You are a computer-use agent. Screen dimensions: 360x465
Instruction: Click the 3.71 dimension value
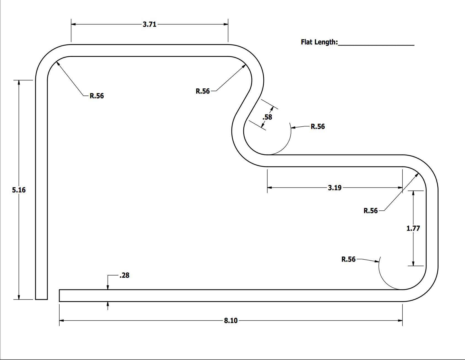(x=149, y=24)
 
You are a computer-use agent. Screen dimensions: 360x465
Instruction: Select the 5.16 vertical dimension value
(x=19, y=190)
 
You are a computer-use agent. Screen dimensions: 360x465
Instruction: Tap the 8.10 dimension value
(x=231, y=321)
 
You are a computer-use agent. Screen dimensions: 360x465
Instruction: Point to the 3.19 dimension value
(x=335, y=188)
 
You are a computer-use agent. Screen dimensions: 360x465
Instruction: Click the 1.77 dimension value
(x=413, y=228)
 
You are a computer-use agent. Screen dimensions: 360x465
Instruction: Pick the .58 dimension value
(x=267, y=117)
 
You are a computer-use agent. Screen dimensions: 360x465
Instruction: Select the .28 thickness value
(x=124, y=275)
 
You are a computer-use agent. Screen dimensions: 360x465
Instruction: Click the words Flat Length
(x=319, y=42)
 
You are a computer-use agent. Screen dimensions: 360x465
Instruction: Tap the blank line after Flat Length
(x=376, y=44)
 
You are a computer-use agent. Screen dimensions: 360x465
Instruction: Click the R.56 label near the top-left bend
(x=97, y=96)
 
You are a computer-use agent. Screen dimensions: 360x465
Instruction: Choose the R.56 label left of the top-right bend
(x=203, y=91)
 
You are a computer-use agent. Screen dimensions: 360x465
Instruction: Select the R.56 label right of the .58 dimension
(x=318, y=126)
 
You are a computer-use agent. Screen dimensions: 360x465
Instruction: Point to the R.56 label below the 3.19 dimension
(x=370, y=211)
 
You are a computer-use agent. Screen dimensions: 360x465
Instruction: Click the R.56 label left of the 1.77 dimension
(x=348, y=259)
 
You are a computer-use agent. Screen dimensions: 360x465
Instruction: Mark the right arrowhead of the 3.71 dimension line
(x=226, y=24)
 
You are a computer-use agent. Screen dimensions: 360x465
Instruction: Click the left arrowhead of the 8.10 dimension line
(x=62, y=321)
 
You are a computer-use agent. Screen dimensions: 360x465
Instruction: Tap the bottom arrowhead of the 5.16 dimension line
(x=19, y=297)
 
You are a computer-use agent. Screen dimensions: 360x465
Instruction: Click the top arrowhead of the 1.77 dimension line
(x=413, y=193)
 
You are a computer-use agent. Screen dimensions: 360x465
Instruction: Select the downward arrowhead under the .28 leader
(x=108, y=287)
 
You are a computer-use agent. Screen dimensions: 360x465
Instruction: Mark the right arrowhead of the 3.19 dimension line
(x=400, y=188)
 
